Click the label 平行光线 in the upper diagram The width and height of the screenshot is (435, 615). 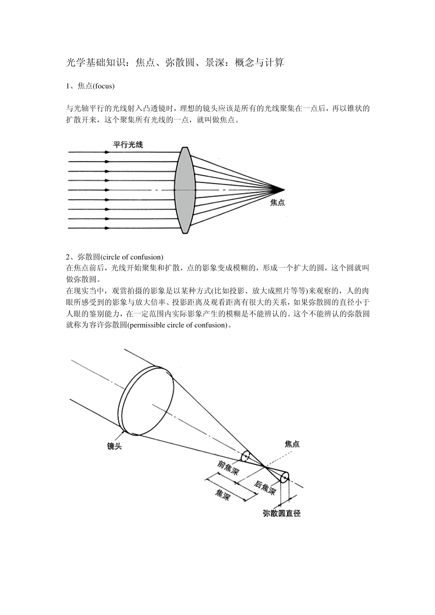(128, 145)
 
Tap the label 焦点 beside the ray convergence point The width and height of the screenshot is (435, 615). (277, 203)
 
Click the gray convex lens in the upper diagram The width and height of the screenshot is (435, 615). (185, 190)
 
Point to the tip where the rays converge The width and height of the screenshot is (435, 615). (283, 189)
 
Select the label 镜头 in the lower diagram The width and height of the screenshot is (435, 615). (114, 446)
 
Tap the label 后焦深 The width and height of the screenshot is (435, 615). (265, 488)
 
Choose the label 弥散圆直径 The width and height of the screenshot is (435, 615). (282, 513)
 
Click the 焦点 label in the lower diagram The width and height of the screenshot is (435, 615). (292, 444)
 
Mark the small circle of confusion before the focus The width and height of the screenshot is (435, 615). (245, 456)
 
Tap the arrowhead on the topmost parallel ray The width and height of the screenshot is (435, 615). (107, 152)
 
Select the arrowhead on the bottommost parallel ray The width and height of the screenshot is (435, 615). (107, 227)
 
